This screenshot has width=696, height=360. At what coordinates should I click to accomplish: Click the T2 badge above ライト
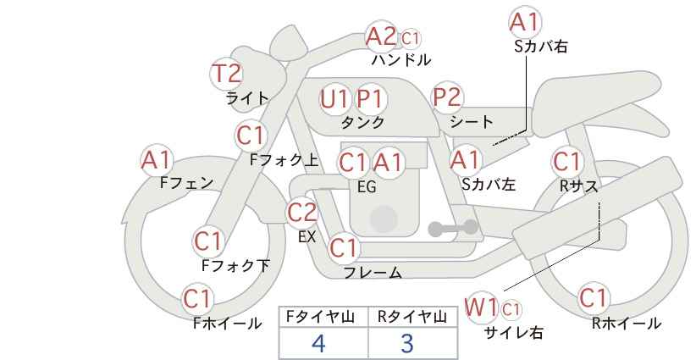click(x=226, y=74)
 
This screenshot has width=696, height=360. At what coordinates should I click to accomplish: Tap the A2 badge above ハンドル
click(x=381, y=36)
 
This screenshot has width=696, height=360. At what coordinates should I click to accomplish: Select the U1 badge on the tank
click(x=334, y=99)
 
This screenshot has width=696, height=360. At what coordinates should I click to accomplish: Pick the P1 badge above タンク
click(x=370, y=99)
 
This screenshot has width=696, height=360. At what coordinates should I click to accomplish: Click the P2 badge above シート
click(x=448, y=97)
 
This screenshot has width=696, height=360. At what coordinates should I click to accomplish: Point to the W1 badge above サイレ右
click(x=482, y=307)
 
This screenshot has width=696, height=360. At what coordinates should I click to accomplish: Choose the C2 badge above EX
click(x=302, y=213)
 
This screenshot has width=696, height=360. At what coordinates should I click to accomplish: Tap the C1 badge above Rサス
click(x=567, y=161)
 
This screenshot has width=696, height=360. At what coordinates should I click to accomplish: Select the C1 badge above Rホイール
click(x=594, y=298)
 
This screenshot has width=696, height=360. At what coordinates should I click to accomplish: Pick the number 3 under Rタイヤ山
click(x=407, y=343)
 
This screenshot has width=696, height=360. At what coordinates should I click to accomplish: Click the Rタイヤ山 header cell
click(x=412, y=317)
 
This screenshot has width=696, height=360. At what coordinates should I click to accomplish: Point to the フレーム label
click(x=372, y=273)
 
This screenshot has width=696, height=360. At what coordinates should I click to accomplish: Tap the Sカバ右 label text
click(x=540, y=47)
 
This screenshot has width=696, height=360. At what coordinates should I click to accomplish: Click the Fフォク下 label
click(x=235, y=266)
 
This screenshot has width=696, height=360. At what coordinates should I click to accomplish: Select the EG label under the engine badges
click(x=367, y=188)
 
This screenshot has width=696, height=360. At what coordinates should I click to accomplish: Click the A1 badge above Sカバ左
click(x=465, y=158)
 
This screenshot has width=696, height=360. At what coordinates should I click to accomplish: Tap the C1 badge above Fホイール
click(x=199, y=299)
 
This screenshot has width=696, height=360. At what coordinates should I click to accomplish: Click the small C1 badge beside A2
click(x=411, y=38)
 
